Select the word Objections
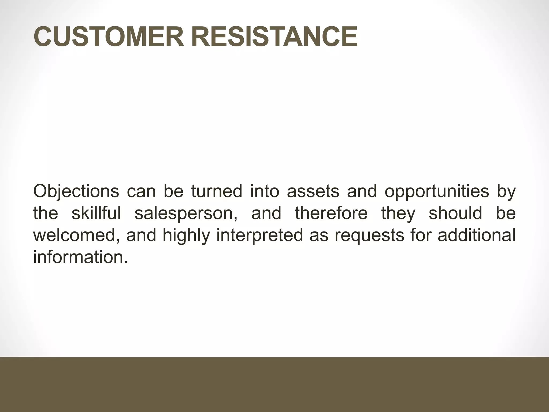[x=76, y=192]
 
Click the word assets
[x=313, y=192]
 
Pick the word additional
[x=476, y=235]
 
